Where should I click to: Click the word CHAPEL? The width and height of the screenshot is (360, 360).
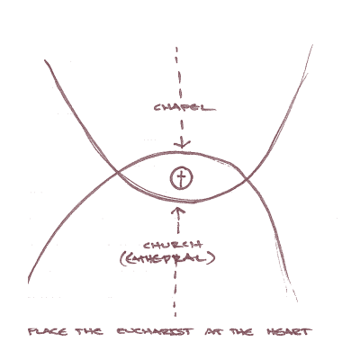tap(184, 107)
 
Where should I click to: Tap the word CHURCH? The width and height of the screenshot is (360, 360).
tap(173, 246)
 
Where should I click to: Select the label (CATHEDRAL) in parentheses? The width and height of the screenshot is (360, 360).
tap(167, 258)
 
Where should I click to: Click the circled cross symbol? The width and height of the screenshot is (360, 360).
tap(181, 178)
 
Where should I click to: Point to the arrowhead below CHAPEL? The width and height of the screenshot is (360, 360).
tap(182, 144)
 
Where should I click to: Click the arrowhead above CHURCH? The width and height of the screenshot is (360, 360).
tap(178, 210)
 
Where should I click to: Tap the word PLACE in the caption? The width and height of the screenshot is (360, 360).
tap(48, 332)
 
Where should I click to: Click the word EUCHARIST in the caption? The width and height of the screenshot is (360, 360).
tap(155, 332)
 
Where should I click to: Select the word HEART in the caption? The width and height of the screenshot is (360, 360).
tap(289, 332)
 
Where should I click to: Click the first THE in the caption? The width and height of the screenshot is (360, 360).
tap(89, 332)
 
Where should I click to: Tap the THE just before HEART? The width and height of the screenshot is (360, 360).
tap(242, 332)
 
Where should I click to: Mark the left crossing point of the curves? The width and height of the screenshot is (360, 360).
tap(117, 173)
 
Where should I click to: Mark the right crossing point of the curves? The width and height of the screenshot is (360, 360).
tap(246, 179)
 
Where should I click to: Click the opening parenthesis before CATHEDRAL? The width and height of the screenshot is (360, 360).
tap(122, 259)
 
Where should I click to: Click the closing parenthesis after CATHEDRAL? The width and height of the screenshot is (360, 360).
tap(212, 258)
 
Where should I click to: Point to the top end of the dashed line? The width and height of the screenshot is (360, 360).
tap(176, 48)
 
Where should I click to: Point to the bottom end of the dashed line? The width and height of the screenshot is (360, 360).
tap(175, 316)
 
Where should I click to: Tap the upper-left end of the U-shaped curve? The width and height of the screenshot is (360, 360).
tap(45, 60)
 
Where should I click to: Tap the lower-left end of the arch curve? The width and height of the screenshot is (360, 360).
tap(28, 282)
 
